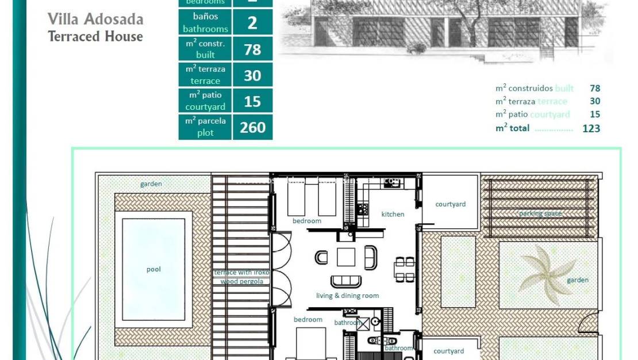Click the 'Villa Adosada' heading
pyautogui.click(x=95, y=19)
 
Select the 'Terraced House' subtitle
pyautogui.click(x=95, y=36)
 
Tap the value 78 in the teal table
pyautogui.click(x=252, y=49)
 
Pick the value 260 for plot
pyautogui.click(x=252, y=127)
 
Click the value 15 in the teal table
pyautogui.click(x=252, y=101)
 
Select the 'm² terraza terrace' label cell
pyautogui.click(x=205, y=75)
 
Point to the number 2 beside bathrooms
pyautogui.click(x=252, y=24)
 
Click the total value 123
pyautogui.click(x=591, y=128)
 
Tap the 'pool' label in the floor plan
pyautogui.click(x=153, y=269)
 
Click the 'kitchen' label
pyautogui.click(x=393, y=214)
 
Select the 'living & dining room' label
pyautogui.click(x=347, y=296)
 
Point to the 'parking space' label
pyautogui.click(x=540, y=213)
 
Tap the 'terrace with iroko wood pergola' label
pyautogui.click(x=241, y=277)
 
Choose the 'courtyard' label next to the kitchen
pyautogui.click(x=450, y=204)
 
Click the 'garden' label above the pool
pyautogui.click(x=151, y=184)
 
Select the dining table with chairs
pyautogui.click(x=404, y=269)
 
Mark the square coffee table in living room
pyautogui.click(x=346, y=256)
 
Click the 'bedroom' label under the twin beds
pyautogui.click(x=307, y=221)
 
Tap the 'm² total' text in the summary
pyautogui.click(x=512, y=128)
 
